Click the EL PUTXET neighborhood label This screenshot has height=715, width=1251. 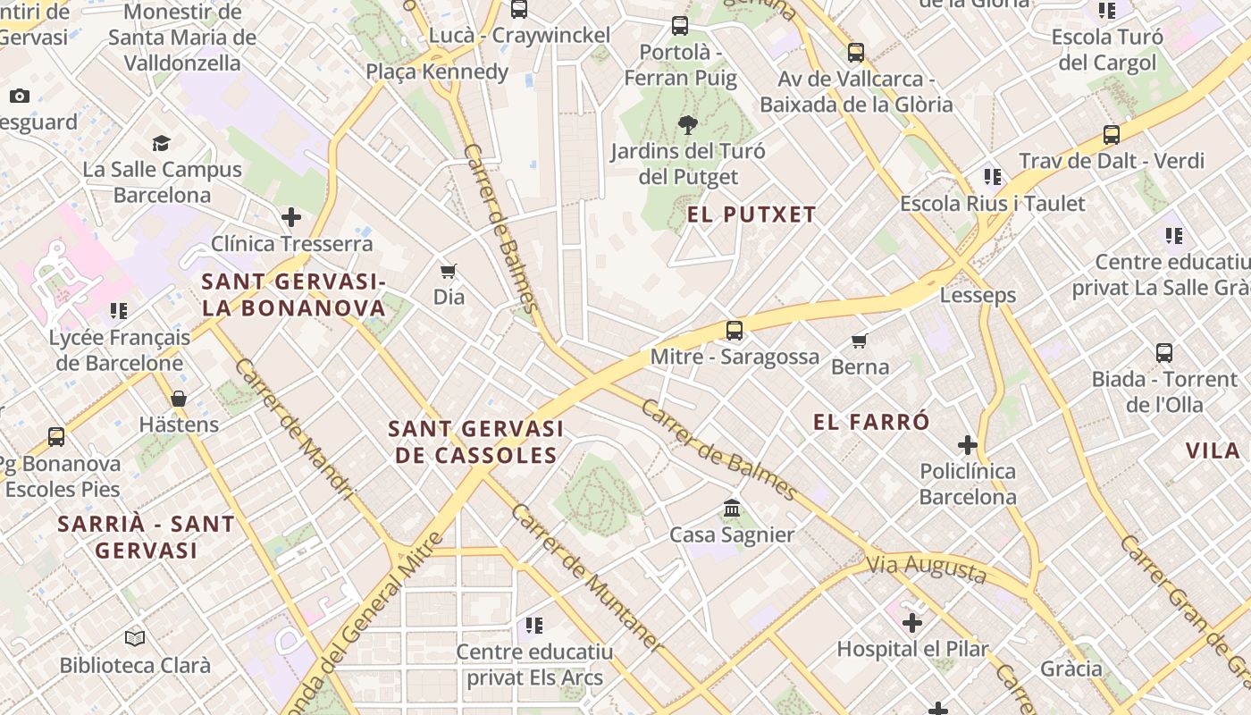(x=751, y=214)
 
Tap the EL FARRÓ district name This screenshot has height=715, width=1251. (x=872, y=423)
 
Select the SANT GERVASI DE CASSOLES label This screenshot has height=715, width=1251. (x=476, y=442)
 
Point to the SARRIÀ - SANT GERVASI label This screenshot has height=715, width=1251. (x=146, y=537)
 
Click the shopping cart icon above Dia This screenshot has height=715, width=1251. (x=449, y=270)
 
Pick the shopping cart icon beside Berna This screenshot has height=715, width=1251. (x=860, y=340)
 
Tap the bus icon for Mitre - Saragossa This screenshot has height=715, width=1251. (x=735, y=331)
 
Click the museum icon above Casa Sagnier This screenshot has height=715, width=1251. (x=732, y=508)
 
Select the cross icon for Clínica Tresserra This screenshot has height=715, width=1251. (x=291, y=217)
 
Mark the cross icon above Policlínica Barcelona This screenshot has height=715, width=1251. (x=968, y=444)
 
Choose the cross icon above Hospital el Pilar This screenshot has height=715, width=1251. (x=912, y=622)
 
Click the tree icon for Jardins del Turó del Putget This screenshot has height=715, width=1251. (x=687, y=124)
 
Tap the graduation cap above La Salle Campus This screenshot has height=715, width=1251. (x=162, y=143)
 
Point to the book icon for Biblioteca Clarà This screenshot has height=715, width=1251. (x=135, y=639)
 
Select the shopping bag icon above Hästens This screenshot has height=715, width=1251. (x=179, y=399)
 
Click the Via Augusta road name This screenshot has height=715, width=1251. (x=927, y=568)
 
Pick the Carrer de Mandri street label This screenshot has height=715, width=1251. (x=295, y=429)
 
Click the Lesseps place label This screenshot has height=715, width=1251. (x=978, y=295)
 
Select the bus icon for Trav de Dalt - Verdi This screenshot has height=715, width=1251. (x=1112, y=135)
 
